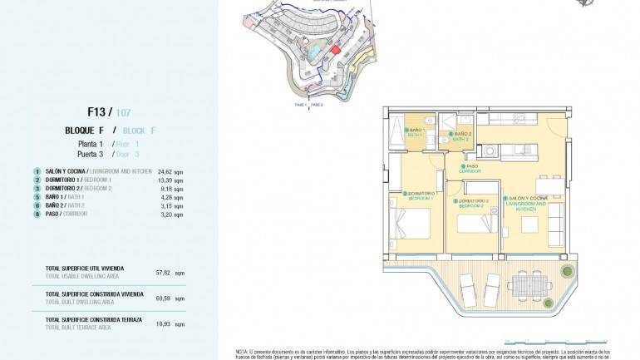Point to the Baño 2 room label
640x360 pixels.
(x=462, y=137)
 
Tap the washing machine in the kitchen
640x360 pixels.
(x=491, y=151)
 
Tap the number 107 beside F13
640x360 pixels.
(x=123, y=111)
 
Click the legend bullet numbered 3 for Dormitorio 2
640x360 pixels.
(x=37, y=188)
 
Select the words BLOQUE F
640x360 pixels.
(x=84, y=131)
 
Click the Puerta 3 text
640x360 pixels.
(x=91, y=154)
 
